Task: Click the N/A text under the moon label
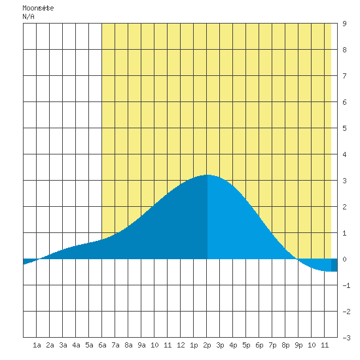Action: point(28,16)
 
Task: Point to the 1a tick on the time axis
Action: point(37,345)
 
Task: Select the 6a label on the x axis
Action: point(102,345)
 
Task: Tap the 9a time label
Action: point(141,345)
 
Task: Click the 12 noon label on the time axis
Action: point(181,345)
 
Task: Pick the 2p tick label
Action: point(207,345)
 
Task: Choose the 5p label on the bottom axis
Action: point(246,345)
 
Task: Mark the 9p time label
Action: point(298,345)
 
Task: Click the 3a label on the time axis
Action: point(63,345)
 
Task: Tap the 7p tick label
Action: point(272,345)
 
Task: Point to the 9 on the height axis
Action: point(344,24)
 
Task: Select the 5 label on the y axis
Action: point(344,128)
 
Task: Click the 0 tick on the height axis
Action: point(344,259)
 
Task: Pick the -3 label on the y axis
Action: point(346,338)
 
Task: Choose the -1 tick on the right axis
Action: point(346,285)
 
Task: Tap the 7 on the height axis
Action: point(344,76)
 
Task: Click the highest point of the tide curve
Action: point(207,175)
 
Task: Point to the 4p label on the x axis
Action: point(233,345)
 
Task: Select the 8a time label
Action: point(128,345)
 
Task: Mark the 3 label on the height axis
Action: point(344,181)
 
